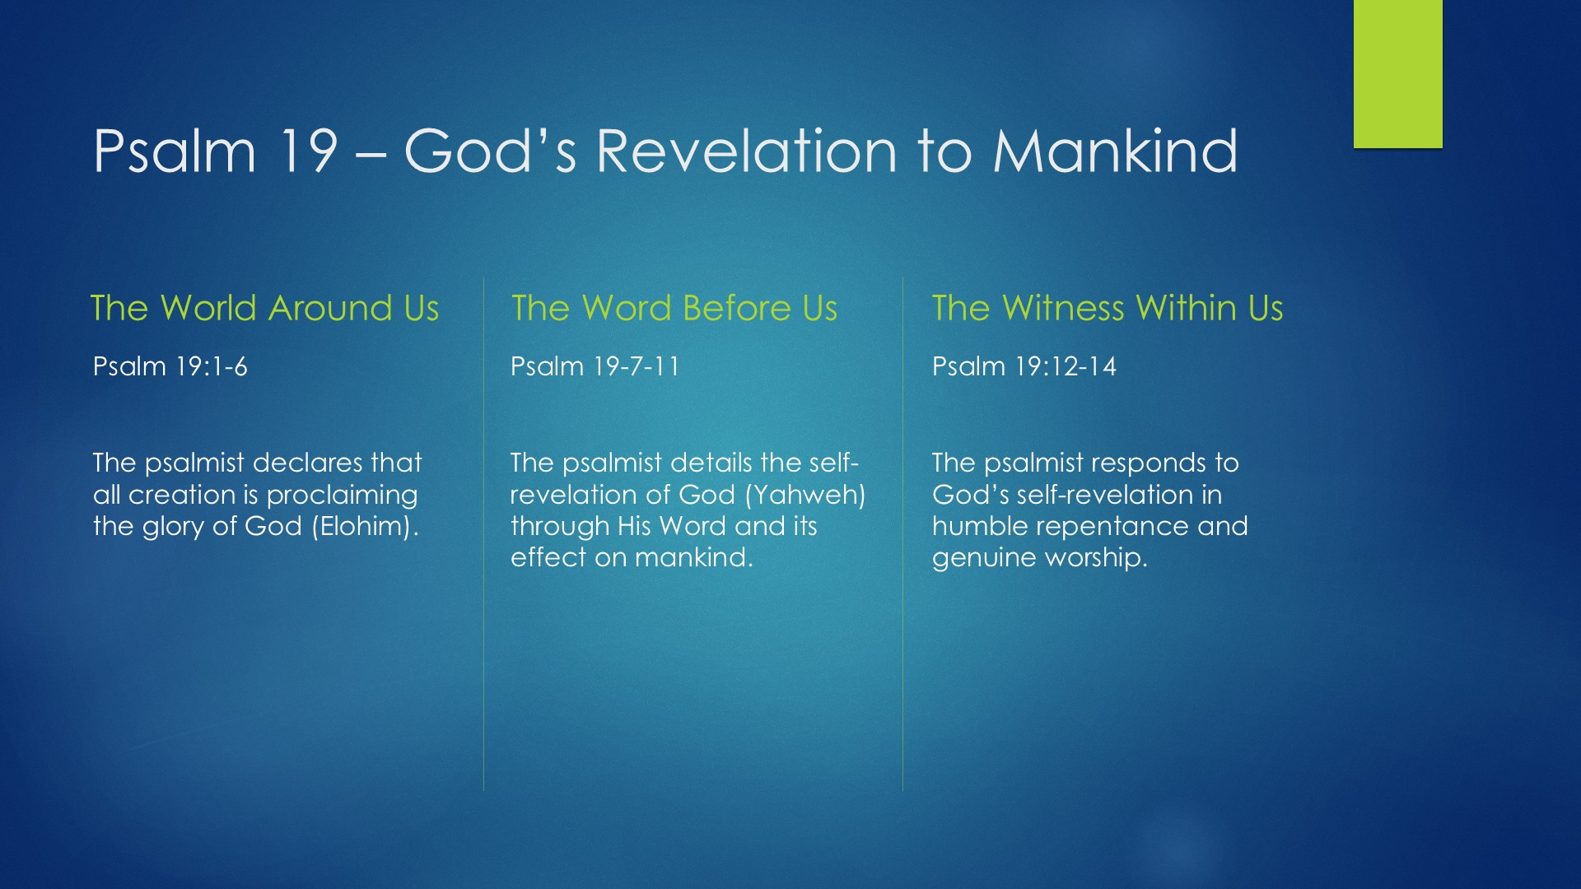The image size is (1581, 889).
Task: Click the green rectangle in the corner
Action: pyautogui.click(x=1397, y=74)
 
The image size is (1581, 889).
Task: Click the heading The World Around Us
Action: pyautogui.click(x=264, y=308)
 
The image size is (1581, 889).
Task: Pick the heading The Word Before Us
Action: pyautogui.click(x=674, y=308)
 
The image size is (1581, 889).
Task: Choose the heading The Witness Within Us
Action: pyautogui.click(x=1108, y=308)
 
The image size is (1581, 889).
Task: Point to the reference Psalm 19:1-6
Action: pyautogui.click(x=170, y=366)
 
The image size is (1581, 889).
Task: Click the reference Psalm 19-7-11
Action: pyautogui.click(x=595, y=366)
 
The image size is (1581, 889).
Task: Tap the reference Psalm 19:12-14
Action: pyautogui.click(x=1024, y=366)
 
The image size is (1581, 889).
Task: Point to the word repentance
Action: pyautogui.click(x=1112, y=527)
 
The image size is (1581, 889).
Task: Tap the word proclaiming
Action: pyautogui.click(x=342, y=496)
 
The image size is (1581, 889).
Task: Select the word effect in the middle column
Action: pyautogui.click(x=548, y=557)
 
